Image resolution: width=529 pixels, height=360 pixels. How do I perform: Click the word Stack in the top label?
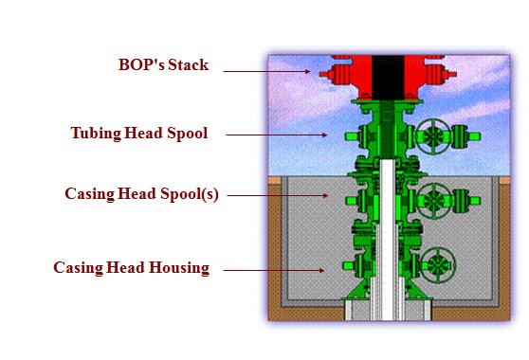coord(188,65)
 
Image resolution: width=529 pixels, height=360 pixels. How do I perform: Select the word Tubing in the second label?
coord(96,133)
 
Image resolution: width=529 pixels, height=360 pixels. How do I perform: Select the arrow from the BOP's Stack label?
coord(285,72)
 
